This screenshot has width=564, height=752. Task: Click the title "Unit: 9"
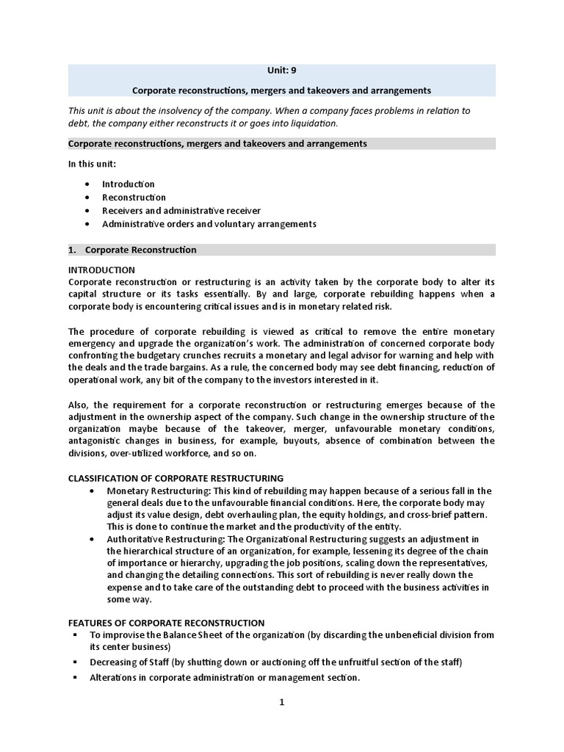click(281, 72)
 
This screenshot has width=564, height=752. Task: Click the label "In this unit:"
click(93, 164)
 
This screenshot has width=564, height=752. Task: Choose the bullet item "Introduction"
click(128, 184)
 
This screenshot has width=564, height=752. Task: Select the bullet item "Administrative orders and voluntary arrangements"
click(209, 224)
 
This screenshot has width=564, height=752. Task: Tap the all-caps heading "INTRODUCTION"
click(101, 270)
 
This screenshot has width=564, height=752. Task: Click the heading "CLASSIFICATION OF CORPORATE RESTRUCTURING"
click(176, 478)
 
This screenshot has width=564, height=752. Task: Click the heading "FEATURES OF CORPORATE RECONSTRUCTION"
click(166, 623)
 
